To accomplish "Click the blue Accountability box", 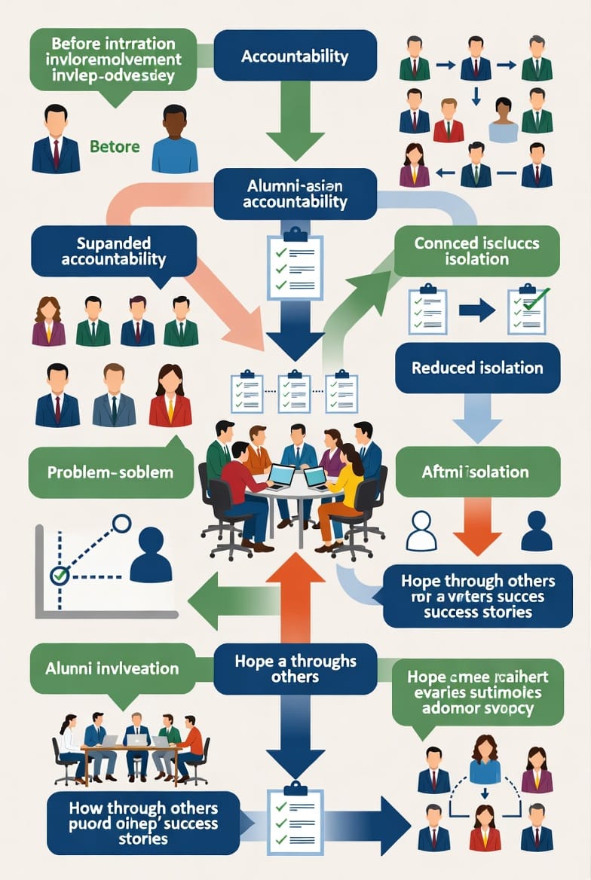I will (x=295, y=56).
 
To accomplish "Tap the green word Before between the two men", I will (x=115, y=146).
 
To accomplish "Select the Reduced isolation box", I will (x=477, y=368).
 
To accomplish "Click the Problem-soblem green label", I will (x=110, y=472).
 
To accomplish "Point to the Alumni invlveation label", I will (x=112, y=668).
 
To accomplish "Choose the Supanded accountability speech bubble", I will (x=113, y=252).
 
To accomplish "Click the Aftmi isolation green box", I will (x=477, y=472).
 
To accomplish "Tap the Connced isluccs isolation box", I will (x=476, y=251).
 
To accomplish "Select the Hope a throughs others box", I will (x=295, y=668).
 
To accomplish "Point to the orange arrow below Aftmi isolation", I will (x=477, y=525).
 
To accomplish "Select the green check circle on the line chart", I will (x=58, y=576).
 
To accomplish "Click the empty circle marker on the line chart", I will (x=121, y=523).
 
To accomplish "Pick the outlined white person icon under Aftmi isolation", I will (x=421, y=530).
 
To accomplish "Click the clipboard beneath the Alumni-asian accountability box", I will (x=295, y=264).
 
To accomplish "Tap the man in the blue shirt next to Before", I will (x=175, y=140).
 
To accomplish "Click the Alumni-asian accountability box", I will (x=295, y=194).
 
